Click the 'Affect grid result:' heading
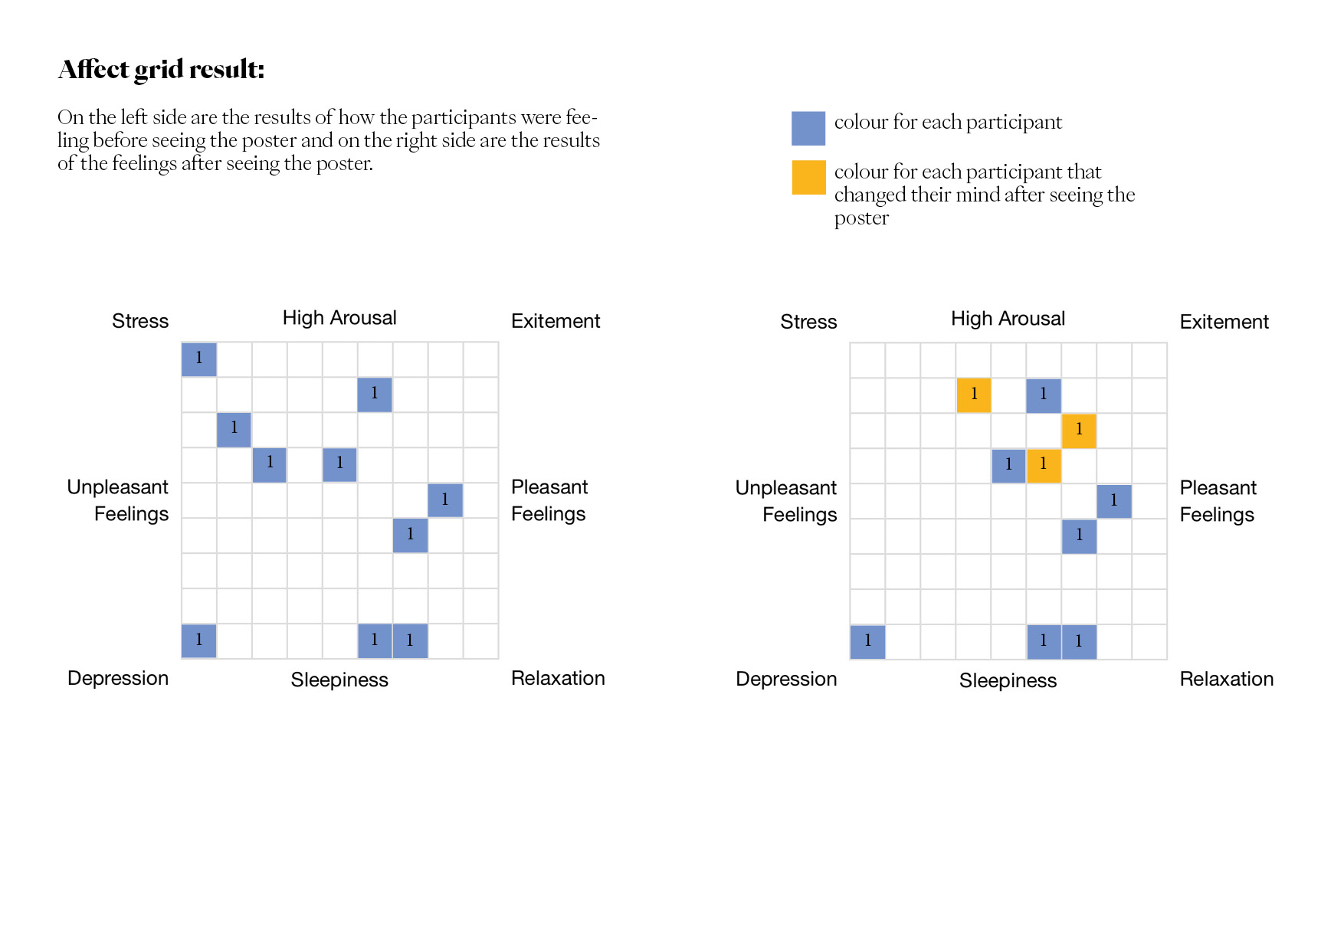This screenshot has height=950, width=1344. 162,70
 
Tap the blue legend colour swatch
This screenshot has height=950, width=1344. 808,128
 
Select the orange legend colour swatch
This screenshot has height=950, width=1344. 808,177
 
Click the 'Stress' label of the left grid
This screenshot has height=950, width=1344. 140,321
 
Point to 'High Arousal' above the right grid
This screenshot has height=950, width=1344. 1008,319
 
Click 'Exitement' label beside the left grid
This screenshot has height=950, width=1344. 556,321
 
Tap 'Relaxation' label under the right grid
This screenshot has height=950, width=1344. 1226,680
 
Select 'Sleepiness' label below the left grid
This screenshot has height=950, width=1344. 339,680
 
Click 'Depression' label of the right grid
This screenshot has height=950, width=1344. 786,680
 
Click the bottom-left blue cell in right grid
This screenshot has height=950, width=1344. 867,642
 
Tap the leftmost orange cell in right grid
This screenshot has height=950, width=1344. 974,395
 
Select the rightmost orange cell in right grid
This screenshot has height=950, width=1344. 1079,431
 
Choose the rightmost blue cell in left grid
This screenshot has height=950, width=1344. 445,500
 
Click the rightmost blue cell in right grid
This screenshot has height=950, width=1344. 1114,501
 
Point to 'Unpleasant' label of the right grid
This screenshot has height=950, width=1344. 786,488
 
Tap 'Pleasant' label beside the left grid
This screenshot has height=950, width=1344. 549,487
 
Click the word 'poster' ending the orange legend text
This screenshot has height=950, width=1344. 861,218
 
